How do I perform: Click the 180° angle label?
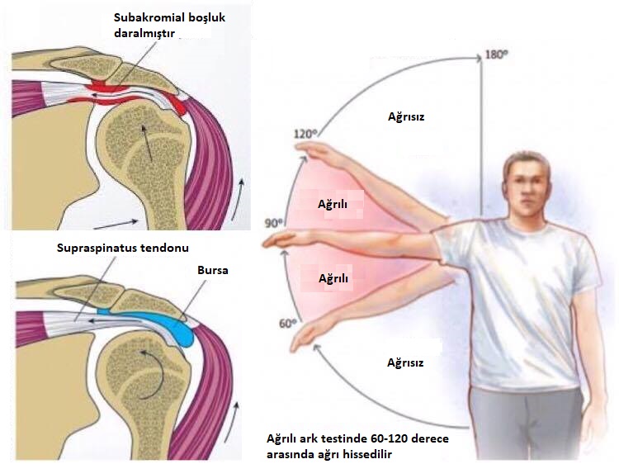(x=494, y=55)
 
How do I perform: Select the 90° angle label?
(x=272, y=223)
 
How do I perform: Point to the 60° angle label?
(x=286, y=323)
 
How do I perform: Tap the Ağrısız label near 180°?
(x=405, y=116)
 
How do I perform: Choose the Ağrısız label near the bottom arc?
(x=405, y=362)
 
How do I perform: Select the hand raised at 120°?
(x=314, y=150)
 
